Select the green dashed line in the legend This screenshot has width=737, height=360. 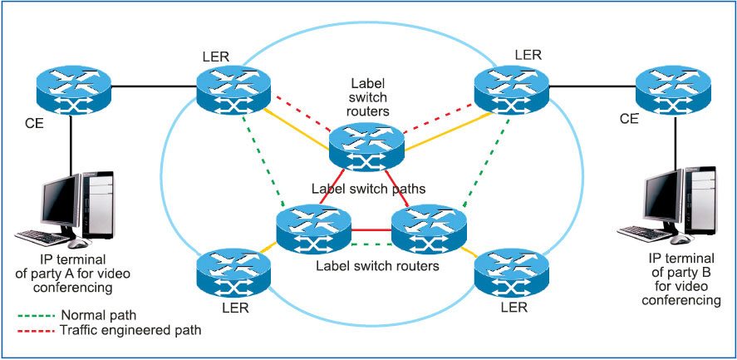click(x=37, y=316)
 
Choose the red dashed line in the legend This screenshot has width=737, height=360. click(x=37, y=330)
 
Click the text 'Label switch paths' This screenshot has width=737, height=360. click(x=368, y=189)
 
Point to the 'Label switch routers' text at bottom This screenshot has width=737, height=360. click(x=378, y=266)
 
